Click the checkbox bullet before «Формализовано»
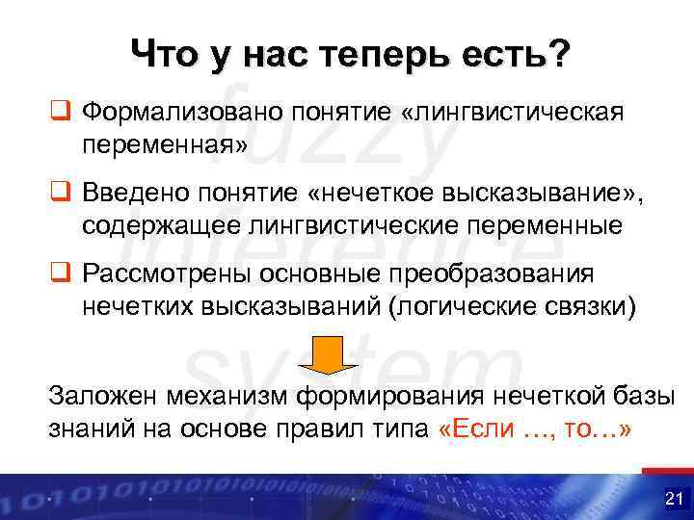click(61, 114)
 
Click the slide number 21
click(672, 499)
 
